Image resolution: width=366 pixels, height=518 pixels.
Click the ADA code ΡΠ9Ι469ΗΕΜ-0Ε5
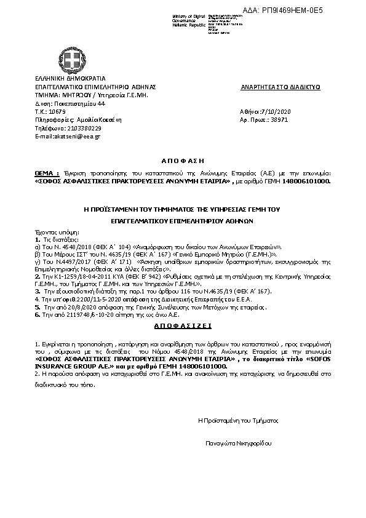coord(317,10)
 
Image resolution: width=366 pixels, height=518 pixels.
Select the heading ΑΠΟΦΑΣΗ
coord(182,159)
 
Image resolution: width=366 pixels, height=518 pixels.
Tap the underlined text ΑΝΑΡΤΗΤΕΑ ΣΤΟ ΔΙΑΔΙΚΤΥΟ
coord(280,87)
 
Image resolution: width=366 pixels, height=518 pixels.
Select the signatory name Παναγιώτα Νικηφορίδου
coord(239,443)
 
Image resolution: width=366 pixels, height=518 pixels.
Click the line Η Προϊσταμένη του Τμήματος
coord(237,420)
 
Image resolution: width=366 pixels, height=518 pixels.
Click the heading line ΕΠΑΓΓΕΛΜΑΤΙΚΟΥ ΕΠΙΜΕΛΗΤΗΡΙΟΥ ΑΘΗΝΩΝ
coord(182,219)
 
